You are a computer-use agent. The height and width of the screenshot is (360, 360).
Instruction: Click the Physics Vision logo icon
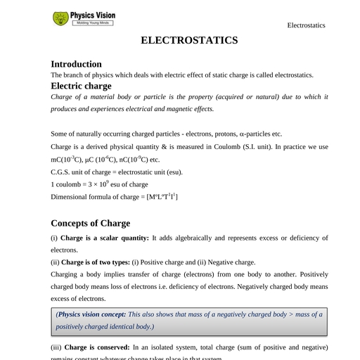tap(61, 18)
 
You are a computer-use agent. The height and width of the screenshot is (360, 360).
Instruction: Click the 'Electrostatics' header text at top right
tap(306, 25)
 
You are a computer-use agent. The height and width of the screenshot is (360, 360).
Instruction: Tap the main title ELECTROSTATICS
tap(189, 40)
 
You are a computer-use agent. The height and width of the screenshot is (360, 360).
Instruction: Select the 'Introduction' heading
tap(76, 64)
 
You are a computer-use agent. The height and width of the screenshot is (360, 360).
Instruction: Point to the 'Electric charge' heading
tap(81, 86)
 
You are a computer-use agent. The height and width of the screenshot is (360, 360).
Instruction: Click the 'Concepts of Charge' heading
tap(90, 223)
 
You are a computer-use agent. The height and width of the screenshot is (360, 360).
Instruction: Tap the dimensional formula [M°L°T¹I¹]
tap(162, 197)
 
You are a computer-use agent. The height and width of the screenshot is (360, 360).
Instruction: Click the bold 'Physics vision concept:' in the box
tap(92, 314)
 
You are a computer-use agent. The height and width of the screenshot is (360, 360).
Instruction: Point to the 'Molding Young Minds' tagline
tap(94, 23)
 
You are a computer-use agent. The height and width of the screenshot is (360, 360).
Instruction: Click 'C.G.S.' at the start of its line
tap(61, 172)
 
